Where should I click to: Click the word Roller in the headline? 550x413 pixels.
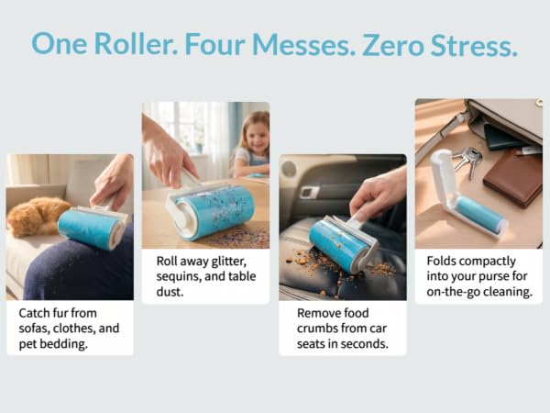point(136,44)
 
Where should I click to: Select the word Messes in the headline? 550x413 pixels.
point(301,45)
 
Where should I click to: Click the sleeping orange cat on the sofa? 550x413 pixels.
point(38,216)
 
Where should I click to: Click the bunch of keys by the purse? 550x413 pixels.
point(468,162)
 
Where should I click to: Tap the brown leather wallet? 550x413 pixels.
point(512,179)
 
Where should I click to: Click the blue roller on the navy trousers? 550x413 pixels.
point(92,228)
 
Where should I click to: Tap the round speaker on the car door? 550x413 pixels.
point(289,169)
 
